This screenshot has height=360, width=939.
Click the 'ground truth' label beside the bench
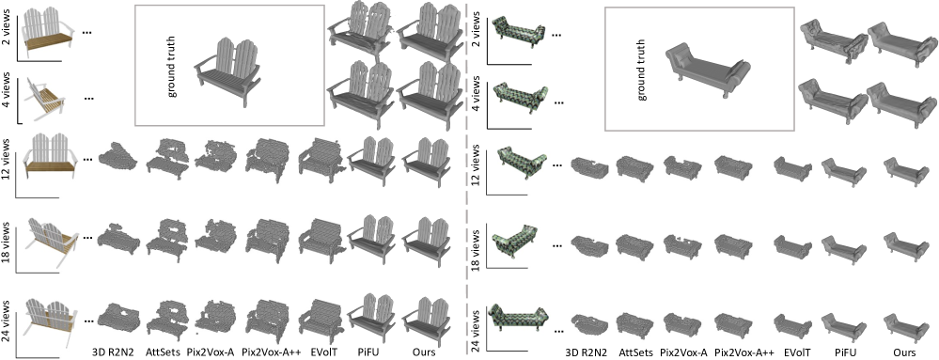coord(171,65)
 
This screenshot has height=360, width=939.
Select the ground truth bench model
coord(227,71)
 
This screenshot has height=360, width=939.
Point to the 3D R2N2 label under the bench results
coord(114,351)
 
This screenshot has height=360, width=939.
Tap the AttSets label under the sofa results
coord(634,352)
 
